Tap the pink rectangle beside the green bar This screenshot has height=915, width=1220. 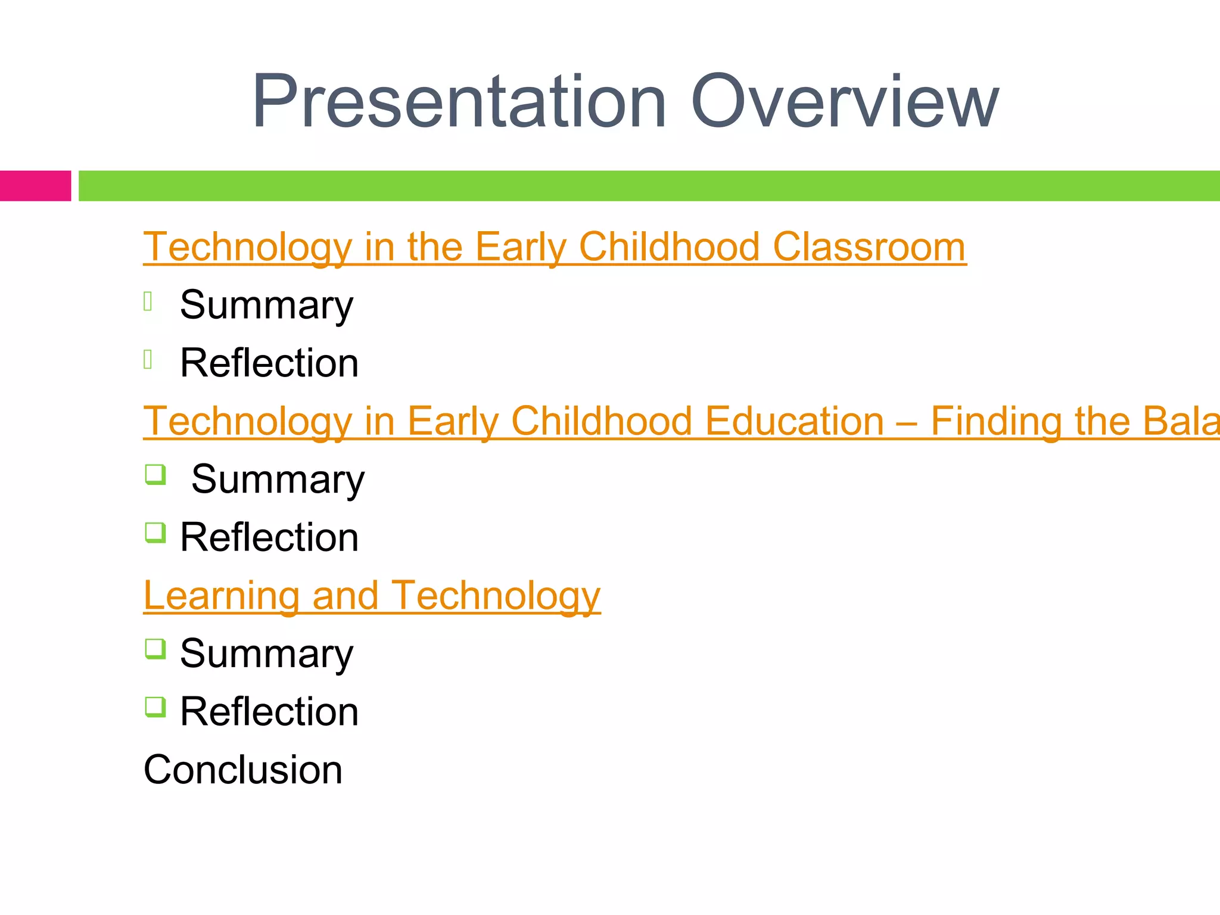(35, 186)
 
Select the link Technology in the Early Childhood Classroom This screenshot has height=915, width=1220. (554, 247)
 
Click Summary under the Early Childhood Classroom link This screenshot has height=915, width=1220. (266, 305)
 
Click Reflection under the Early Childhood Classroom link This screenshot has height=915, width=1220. (269, 363)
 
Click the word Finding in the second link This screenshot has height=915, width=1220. (996, 421)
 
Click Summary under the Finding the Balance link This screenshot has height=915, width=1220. (278, 480)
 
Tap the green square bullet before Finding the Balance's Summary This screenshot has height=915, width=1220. (155, 475)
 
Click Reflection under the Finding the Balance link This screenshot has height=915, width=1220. (269, 537)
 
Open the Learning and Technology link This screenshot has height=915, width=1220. (372, 595)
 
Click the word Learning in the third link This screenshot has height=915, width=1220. (221, 595)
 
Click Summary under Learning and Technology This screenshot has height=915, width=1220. (266, 653)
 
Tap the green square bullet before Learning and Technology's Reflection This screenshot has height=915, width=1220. (155, 707)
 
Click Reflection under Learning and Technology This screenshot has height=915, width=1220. (269, 712)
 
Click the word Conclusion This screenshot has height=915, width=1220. (243, 770)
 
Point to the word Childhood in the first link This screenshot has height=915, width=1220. (669, 247)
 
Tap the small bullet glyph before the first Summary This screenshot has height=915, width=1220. (148, 301)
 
